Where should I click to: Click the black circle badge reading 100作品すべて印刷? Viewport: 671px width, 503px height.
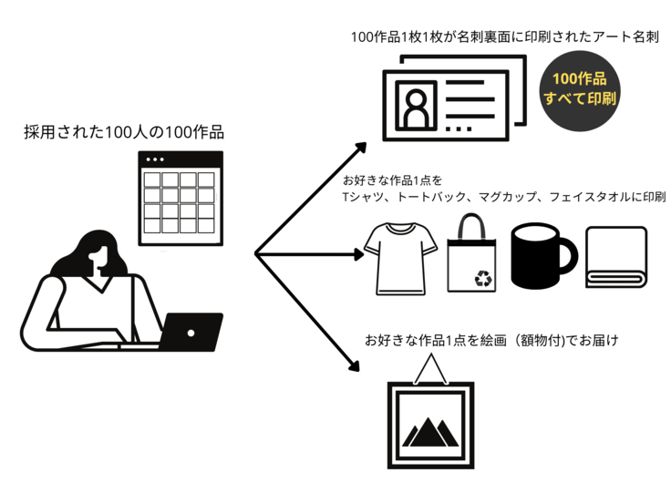580,88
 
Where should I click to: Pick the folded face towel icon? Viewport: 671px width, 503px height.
616,259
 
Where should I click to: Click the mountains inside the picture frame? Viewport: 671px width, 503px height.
428,430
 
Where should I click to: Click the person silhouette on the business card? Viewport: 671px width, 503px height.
418,107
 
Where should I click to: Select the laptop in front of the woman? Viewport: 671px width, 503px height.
191,332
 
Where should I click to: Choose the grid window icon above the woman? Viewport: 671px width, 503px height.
180,198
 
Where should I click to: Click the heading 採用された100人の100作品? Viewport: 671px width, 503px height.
124,133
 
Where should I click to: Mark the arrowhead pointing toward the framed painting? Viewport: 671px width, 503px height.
353,368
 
